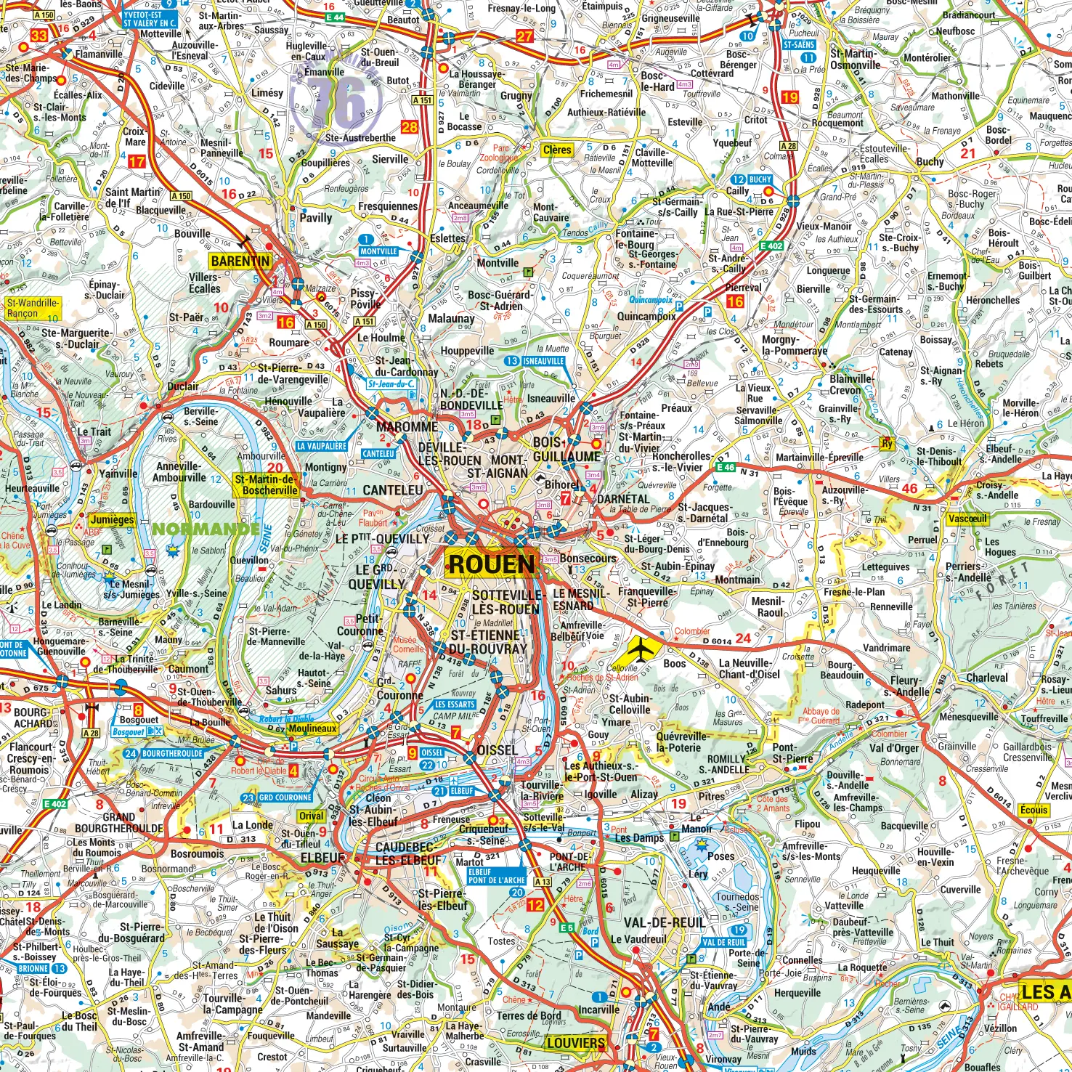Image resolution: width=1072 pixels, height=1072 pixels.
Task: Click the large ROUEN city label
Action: pyautogui.click(x=492, y=564)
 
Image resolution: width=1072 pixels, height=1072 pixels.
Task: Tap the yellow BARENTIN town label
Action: pyautogui.click(x=240, y=261)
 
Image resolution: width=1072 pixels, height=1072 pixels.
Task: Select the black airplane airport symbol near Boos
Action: pyautogui.click(x=638, y=647)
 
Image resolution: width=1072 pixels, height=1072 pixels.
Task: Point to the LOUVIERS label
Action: pyautogui.click(x=576, y=1043)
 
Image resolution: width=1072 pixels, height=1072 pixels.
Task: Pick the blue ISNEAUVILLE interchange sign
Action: pyautogui.click(x=543, y=361)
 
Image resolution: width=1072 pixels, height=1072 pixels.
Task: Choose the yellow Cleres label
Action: pyautogui.click(x=557, y=150)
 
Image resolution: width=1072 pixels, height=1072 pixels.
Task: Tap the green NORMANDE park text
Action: pyautogui.click(x=206, y=529)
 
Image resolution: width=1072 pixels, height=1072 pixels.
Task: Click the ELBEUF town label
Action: pyautogui.click(x=323, y=857)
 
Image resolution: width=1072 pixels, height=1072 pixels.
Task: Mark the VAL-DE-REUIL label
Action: pyautogui.click(x=665, y=922)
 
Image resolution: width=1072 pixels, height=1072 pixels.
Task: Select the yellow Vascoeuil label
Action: pyautogui.click(x=968, y=519)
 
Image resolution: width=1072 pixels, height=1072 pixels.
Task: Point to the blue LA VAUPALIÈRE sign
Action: pyautogui.click(x=322, y=446)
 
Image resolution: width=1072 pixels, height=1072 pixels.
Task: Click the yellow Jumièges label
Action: pyautogui.click(x=112, y=519)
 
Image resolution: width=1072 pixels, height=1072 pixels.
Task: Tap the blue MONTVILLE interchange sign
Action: pyautogui.click(x=378, y=251)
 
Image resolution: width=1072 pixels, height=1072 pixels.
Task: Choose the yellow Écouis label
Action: pyautogui.click(x=1034, y=810)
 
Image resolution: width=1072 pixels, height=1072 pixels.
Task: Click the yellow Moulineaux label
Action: pyautogui.click(x=312, y=728)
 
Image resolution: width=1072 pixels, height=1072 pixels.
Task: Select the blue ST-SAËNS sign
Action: pyautogui.click(x=799, y=45)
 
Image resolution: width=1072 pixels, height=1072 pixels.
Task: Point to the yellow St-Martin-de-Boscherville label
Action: pyautogui.click(x=265, y=484)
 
